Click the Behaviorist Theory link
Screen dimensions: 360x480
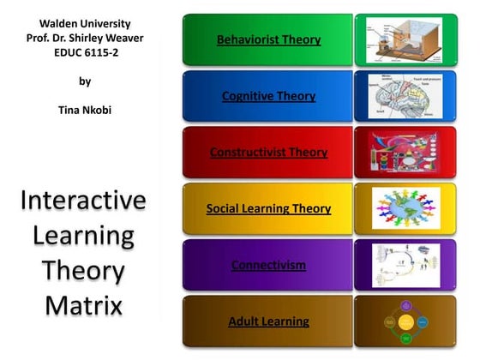[268, 39]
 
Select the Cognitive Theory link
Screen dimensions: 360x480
[268, 96]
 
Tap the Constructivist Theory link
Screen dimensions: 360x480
[268, 153]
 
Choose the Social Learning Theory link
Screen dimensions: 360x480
[268, 208]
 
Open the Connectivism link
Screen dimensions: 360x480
[268, 265]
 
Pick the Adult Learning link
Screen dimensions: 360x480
[268, 321]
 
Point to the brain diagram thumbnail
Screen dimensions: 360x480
[405, 96]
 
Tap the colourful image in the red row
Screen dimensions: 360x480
[405, 153]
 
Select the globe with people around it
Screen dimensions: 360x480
[405, 208]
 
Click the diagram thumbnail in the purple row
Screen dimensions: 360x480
[405, 265]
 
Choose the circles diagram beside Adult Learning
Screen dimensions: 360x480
[405, 321]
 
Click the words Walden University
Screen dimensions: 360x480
[84, 23]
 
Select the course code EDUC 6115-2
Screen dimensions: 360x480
[84, 52]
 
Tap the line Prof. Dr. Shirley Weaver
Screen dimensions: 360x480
[84, 38]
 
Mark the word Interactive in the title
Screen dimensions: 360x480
[84, 201]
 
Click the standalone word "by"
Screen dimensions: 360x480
[84, 81]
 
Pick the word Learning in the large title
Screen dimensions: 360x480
[84, 235]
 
